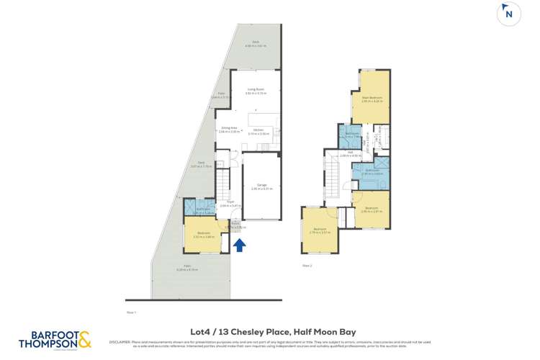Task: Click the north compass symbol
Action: pyautogui.click(x=509, y=14)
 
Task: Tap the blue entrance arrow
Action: pyautogui.click(x=239, y=246)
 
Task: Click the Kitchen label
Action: pyautogui.click(x=258, y=132)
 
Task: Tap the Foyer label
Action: pyautogui.click(x=230, y=204)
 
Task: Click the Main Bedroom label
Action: pyautogui.click(x=372, y=99)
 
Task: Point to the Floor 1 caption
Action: pyautogui.click(x=131, y=312)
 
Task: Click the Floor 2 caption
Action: pyautogui.click(x=307, y=265)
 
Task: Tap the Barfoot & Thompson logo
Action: pyautogui.click(x=55, y=340)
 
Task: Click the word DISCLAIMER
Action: pyautogui.click(x=120, y=341)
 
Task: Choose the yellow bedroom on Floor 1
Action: pyautogui.click(x=204, y=235)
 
